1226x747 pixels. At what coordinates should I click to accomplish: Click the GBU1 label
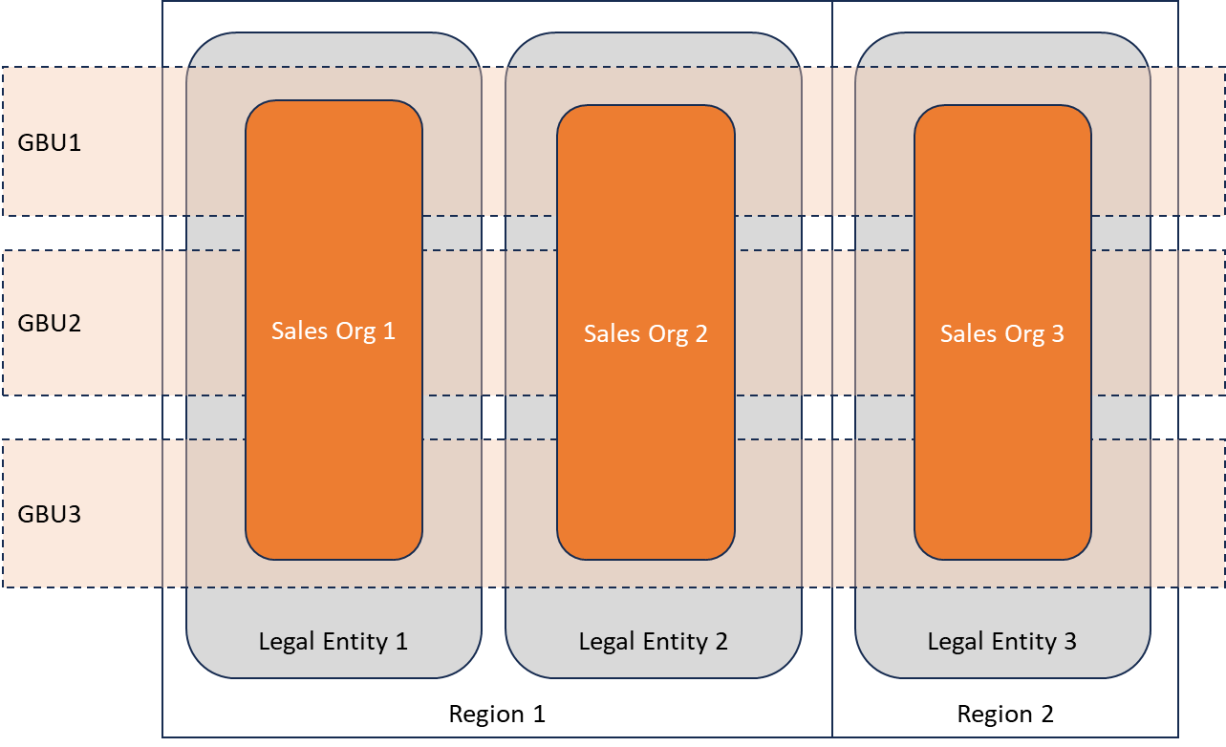coord(49,143)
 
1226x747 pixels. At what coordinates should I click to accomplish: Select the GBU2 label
coord(49,323)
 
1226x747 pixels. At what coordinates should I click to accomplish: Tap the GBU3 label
coord(49,515)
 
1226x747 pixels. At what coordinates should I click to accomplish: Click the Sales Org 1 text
coord(333,331)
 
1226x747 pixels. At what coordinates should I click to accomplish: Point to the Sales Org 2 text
coord(646,333)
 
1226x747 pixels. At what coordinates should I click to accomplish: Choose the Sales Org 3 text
coord(1001,333)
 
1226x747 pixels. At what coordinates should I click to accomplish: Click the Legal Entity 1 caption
coord(333,641)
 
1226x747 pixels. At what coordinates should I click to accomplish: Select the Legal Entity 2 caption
coord(653,641)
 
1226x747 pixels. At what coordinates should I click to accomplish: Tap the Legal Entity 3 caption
coord(1001,641)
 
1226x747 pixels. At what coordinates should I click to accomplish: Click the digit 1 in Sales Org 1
coord(388,331)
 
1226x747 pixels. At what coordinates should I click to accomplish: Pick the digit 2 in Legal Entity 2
coord(721,641)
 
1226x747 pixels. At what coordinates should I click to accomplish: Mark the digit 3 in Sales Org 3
coord(1057,333)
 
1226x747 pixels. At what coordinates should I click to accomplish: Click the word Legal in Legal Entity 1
coord(285,641)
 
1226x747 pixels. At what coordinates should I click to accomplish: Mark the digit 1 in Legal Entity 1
coord(401,641)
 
